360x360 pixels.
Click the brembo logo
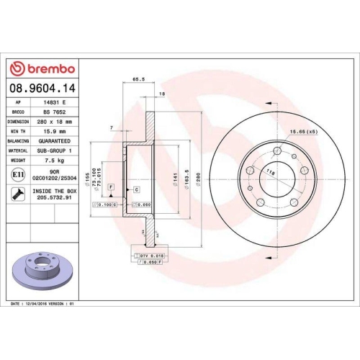[x=42, y=68]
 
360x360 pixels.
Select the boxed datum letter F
[x=111, y=186]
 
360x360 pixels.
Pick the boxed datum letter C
[x=135, y=189]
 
